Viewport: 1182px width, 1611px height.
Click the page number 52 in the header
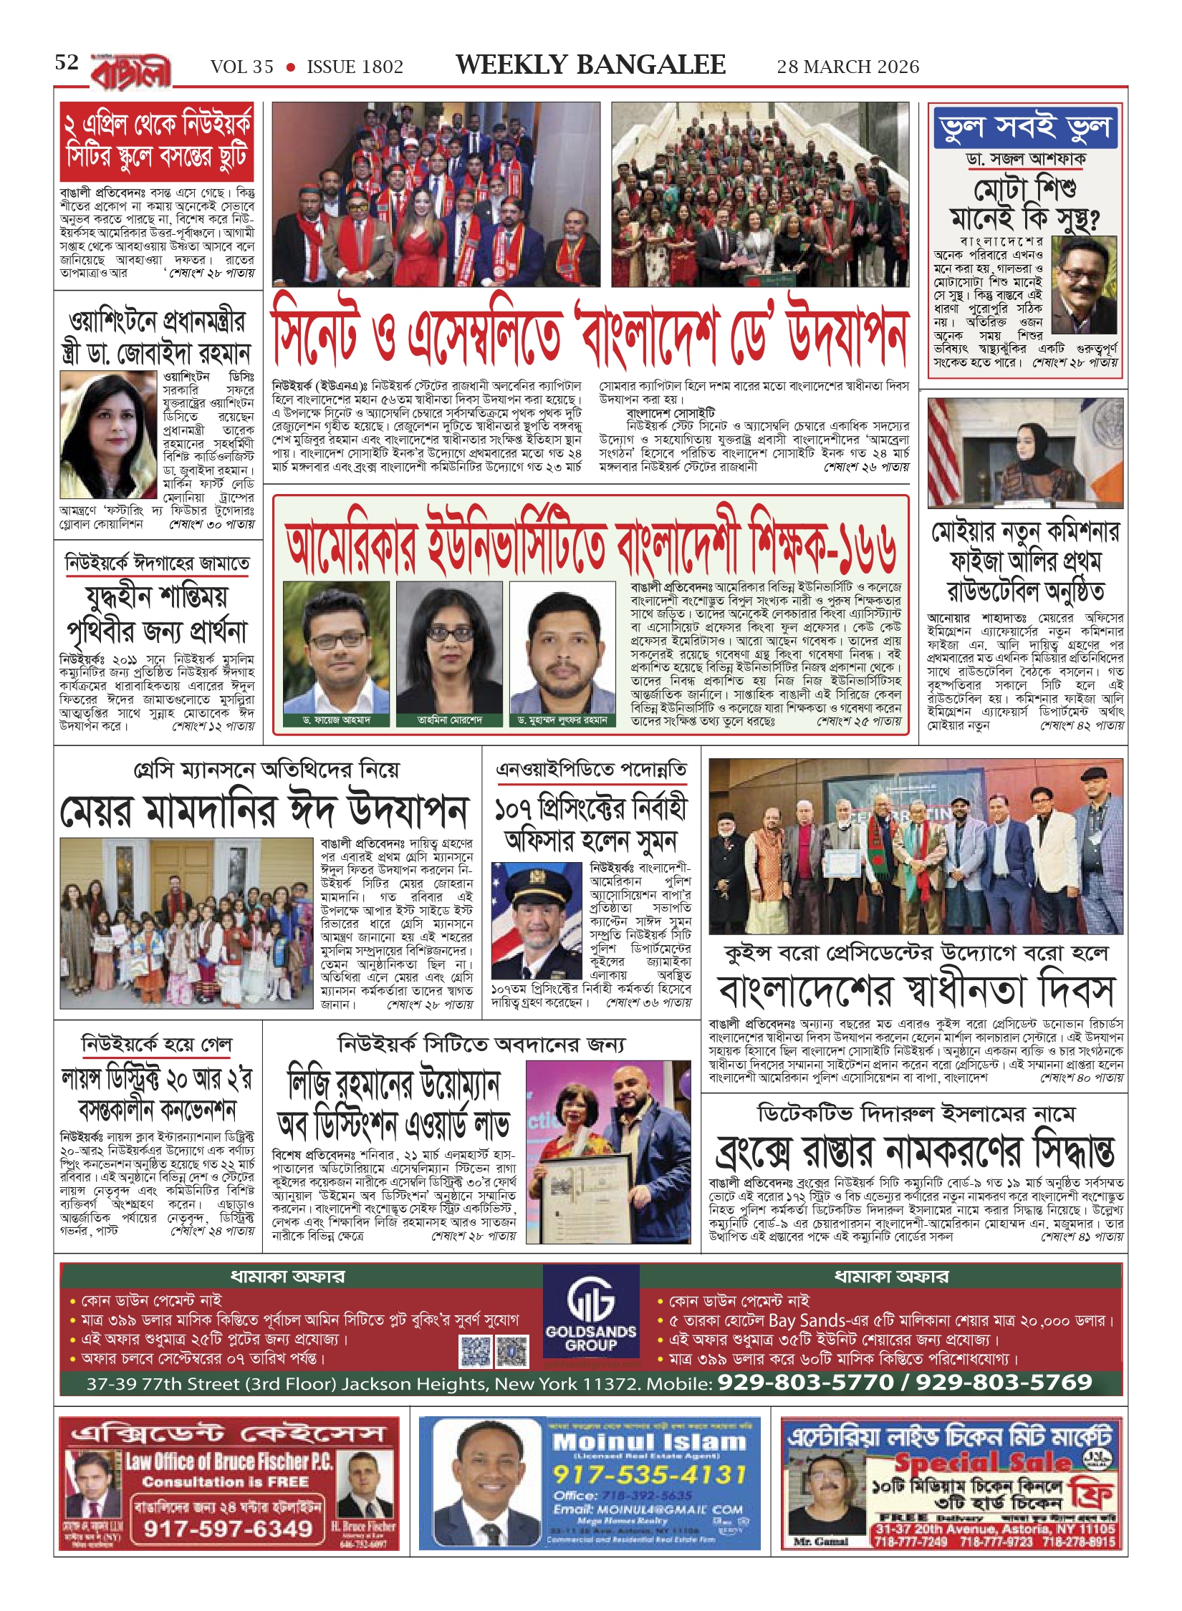tap(67, 62)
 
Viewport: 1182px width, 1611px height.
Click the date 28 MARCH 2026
tap(847, 67)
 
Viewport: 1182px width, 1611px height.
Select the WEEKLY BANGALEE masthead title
tap(590, 64)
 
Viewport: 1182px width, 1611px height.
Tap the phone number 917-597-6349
tap(229, 1529)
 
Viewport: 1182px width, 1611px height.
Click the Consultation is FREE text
tap(225, 1481)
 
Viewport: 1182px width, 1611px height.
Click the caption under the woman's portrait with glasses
tap(449, 720)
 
